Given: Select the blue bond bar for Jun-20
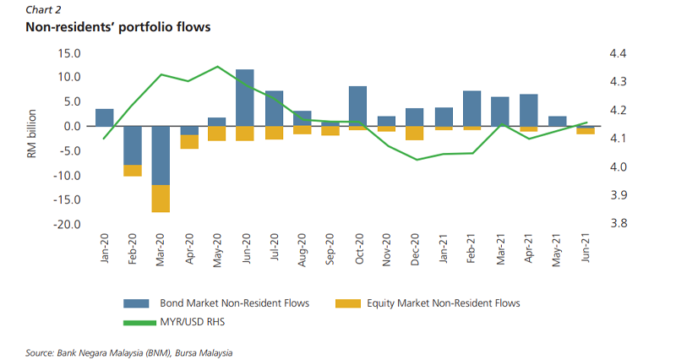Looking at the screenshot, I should coord(245,97).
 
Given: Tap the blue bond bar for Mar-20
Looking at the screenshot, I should coord(160,155).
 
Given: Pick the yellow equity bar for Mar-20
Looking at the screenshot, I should coord(160,198).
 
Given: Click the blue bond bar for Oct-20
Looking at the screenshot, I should coord(357,106).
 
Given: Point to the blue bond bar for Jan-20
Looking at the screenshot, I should coord(104,117).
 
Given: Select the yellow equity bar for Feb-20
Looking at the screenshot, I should coord(133,171).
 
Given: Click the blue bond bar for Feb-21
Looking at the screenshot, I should coord(472,108).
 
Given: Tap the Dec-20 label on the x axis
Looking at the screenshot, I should coord(415,250).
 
